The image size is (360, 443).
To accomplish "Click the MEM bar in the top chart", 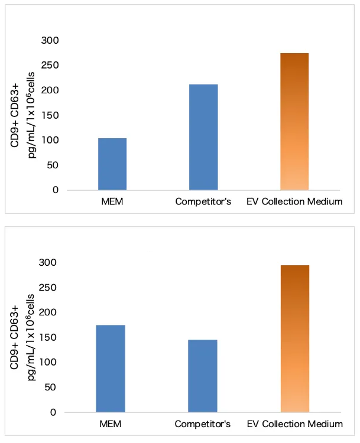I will (x=112, y=164).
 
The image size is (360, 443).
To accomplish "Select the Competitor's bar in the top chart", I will (x=203, y=137).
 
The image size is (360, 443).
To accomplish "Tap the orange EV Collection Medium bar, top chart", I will (x=294, y=122).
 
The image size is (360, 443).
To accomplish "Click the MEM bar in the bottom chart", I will (x=111, y=369).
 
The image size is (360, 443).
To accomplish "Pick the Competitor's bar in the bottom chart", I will (x=203, y=376).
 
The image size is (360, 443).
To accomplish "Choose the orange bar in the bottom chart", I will (x=294, y=338).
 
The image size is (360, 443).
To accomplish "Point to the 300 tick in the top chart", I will (x=50, y=40).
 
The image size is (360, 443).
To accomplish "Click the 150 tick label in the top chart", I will (x=50, y=115).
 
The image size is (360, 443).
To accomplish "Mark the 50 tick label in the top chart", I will (x=52, y=165).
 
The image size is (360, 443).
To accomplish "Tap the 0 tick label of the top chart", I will (x=55, y=190).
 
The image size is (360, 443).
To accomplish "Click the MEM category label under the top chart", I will (x=112, y=202).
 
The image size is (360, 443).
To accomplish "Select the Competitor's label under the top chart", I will (x=203, y=202).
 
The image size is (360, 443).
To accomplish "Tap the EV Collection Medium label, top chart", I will (x=294, y=202).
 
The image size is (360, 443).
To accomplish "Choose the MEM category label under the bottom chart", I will (x=111, y=424).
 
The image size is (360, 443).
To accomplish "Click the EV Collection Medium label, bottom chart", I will (x=294, y=424).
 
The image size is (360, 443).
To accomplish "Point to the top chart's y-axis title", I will (x=27, y=115).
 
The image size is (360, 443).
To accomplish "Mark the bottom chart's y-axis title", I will (x=27, y=337).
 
